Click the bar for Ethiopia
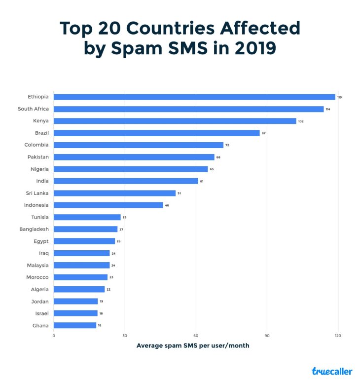pyautogui.click(x=194, y=97)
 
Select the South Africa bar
pyautogui.click(x=188, y=109)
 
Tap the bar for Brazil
pyautogui.click(x=156, y=133)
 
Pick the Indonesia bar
pyautogui.click(x=108, y=205)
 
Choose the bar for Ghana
pyautogui.click(x=75, y=325)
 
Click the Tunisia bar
pyautogui.click(x=87, y=217)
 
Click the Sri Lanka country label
pyautogui.click(x=37, y=193)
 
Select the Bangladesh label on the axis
pyautogui.click(x=34, y=229)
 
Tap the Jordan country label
pyautogui.click(x=40, y=301)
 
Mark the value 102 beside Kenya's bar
pyautogui.click(x=301, y=121)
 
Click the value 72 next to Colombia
pyautogui.click(x=227, y=145)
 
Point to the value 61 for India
pyautogui.click(x=202, y=181)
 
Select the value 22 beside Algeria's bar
pyautogui.click(x=108, y=289)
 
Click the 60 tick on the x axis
pyautogui.click(x=196, y=336)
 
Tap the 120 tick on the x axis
pyautogui.click(x=338, y=336)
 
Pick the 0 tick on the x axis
pyautogui.click(x=54, y=336)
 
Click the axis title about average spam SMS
pyautogui.click(x=193, y=345)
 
